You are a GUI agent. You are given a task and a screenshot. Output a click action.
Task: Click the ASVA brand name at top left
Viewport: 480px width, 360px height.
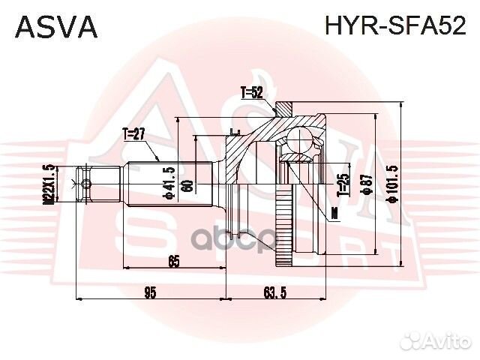pos(57,27)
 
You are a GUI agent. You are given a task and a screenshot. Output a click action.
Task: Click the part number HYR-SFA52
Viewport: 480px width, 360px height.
pos(395,27)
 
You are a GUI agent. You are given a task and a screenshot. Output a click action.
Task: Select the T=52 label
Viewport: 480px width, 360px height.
pos(252,94)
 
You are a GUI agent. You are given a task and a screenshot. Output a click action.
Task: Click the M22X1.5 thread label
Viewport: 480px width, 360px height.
pos(49,184)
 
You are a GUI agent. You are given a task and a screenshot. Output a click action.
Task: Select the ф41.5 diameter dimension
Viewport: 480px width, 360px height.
pos(172,183)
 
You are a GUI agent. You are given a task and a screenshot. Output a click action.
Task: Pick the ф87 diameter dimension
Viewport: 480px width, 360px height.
pos(367,184)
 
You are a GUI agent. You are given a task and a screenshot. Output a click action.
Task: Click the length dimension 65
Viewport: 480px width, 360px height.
pos(173,262)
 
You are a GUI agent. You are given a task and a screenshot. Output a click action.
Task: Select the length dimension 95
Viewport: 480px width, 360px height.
pos(150,292)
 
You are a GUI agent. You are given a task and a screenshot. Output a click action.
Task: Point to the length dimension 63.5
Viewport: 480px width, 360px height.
pos(276,292)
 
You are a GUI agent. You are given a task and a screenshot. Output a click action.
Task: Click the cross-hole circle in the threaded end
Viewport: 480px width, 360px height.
pos(86,184)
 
